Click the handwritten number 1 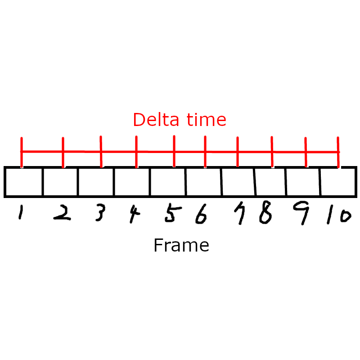[x=20, y=213]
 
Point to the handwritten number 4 [x=133, y=215]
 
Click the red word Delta [x=152, y=120]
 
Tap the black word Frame [x=181, y=246]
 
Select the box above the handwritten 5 [x=167, y=182]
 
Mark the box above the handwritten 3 [x=95, y=182]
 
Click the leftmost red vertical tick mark [x=22, y=152]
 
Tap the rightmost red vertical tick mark [x=338, y=152]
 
